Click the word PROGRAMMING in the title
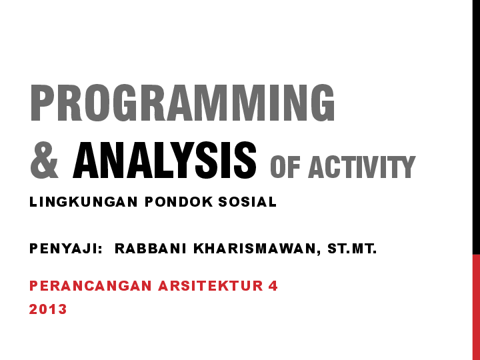point(182,103)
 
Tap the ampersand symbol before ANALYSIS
point(45,161)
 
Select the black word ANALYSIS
point(165,161)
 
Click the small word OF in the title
point(285,167)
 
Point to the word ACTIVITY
point(361,167)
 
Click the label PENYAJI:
point(65,249)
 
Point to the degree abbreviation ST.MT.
point(352,249)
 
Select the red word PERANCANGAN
point(91,286)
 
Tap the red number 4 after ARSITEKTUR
point(273,286)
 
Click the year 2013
point(48,309)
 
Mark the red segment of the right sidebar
point(476,307)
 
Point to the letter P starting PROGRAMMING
point(41,103)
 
